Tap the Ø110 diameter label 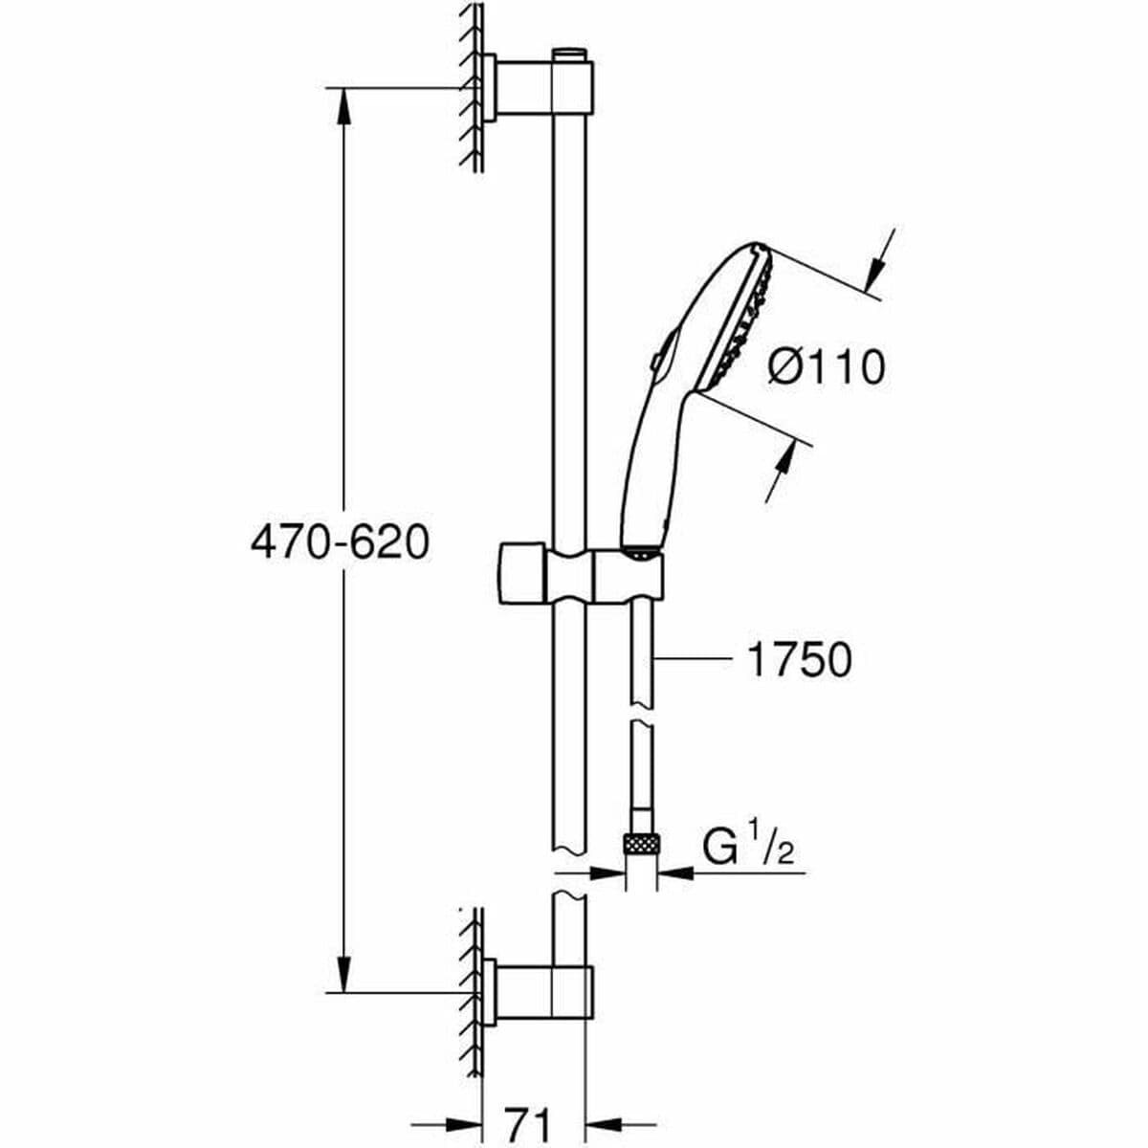pos(827,365)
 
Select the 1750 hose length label pos(798,660)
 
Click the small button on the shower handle pos(653,363)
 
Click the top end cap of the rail pos(572,53)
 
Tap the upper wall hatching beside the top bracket pos(470,86)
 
